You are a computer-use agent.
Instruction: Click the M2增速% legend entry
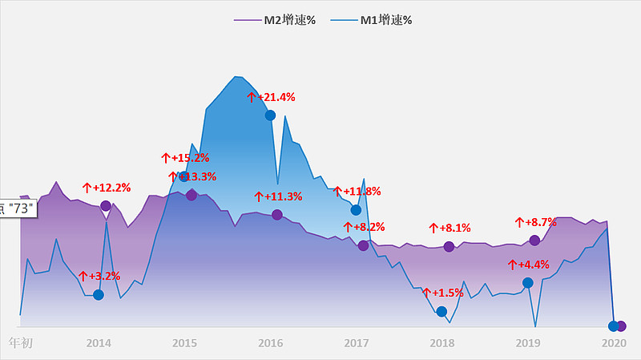tap(274, 20)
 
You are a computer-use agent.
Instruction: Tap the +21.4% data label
tap(271, 97)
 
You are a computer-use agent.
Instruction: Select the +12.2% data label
tap(107, 188)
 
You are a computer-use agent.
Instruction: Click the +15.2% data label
tap(185, 158)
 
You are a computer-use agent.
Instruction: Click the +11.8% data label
tap(357, 192)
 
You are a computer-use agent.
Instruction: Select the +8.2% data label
tap(364, 227)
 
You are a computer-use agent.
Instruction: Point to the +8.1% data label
tap(450, 228)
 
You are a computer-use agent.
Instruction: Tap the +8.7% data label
tap(535, 221)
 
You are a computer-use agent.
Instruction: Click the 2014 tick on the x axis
tap(99, 344)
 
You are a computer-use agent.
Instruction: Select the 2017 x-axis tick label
tap(356, 344)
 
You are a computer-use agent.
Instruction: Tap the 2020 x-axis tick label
tap(614, 344)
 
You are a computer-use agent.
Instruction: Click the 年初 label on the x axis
tap(21, 344)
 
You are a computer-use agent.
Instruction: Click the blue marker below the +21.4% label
tap(270, 115)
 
